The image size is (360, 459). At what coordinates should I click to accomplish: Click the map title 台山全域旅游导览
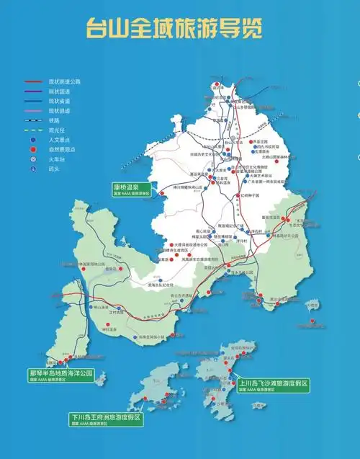(173, 28)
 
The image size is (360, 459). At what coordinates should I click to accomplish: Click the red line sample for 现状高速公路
(32, 84)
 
